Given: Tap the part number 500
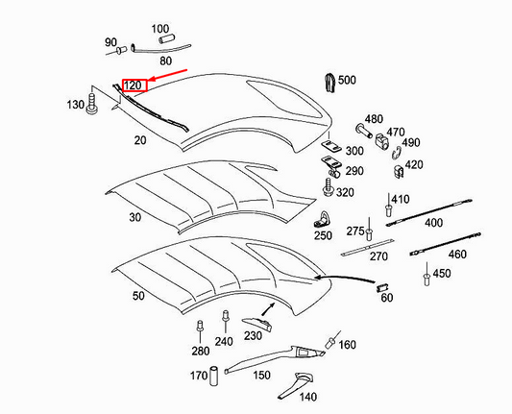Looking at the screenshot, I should (x=347, y=80).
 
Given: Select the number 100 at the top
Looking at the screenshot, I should (x=159, y=29).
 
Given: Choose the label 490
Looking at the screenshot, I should (x=411, y=143).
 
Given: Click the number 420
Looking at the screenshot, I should (x=414, y=164).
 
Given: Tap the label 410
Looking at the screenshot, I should (x=400, y=199).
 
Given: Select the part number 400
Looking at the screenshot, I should (x=433, y=222).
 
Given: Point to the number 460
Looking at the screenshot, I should (x=457, y=255).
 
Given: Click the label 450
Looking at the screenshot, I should (x=441, y=274).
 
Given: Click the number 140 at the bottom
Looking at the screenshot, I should (x=307, y=397).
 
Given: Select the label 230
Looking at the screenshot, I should (x=253, y=335).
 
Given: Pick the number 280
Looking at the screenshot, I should (x=200, y=351).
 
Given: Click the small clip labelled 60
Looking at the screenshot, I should (x=381, y=286).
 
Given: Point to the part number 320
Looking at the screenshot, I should (x=345, y=192).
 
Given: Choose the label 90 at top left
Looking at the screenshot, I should (x=110, y=42).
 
